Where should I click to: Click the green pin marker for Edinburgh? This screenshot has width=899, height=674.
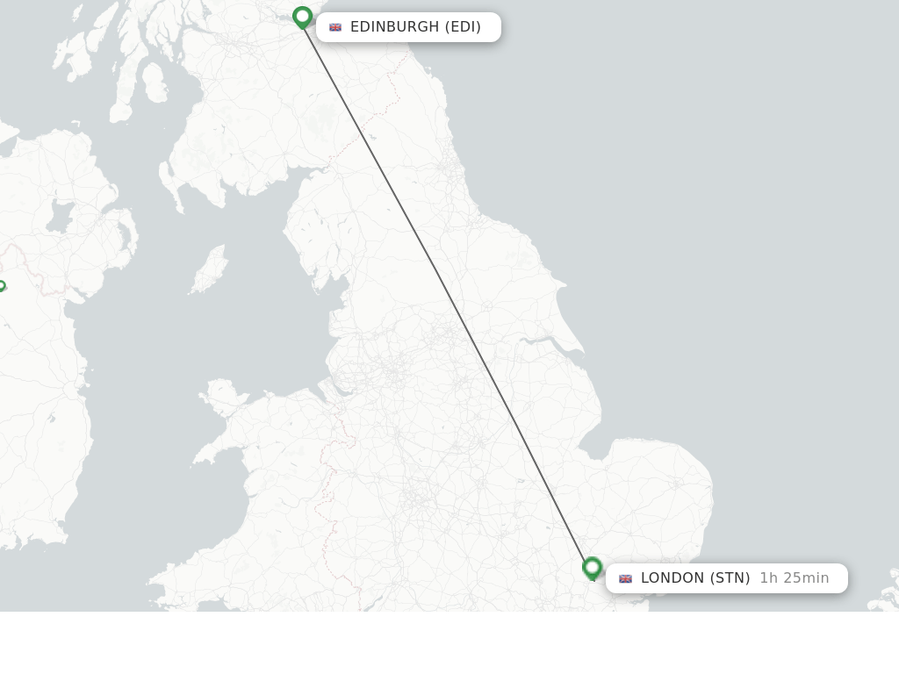[x=302, y=17]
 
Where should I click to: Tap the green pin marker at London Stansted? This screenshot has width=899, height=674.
[x=593, y=568]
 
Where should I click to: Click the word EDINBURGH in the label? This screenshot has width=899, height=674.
[x=394, y=27]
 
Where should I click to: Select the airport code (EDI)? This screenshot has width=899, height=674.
[x=463, y=27]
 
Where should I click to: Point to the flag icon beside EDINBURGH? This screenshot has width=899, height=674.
[x=335, y=27]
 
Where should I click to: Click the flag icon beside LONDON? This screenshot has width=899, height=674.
[x=625, y=578]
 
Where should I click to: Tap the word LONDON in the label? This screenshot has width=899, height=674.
[x=672, y=578]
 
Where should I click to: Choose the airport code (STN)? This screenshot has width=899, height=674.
[x=730, y=578]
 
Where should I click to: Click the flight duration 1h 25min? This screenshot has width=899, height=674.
[x=795, y=578]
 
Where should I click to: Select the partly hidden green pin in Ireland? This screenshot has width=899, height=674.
[x=2, y=286]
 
